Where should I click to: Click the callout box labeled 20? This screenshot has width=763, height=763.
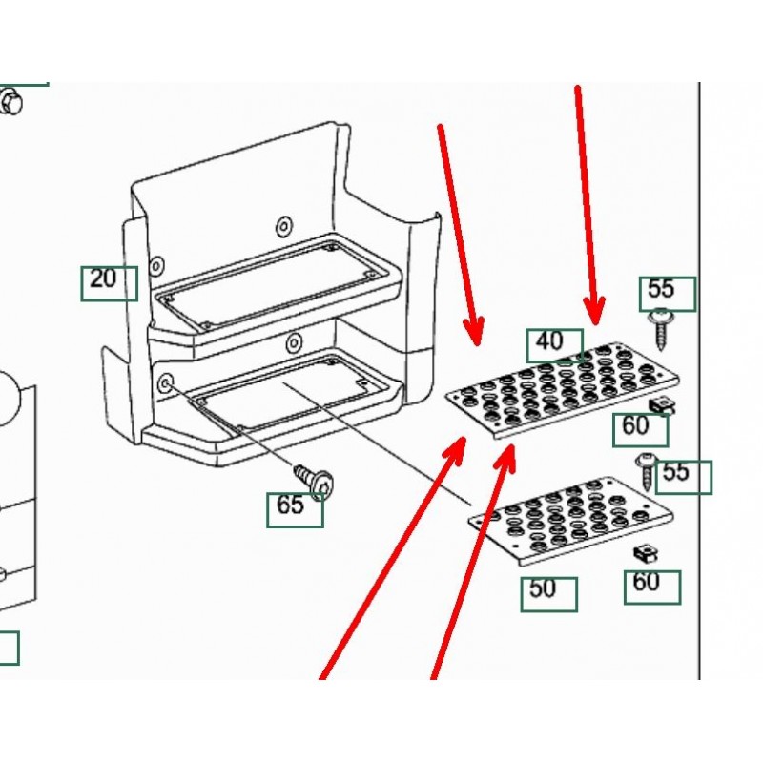[x=109, y=282]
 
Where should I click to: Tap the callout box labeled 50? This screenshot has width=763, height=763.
[x=548, y=593]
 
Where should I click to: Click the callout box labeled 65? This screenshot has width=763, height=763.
[x=294, y=508]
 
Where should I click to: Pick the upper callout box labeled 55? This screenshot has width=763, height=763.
[x=667, y=293]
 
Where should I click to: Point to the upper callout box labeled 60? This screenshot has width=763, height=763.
[x=640, y=429]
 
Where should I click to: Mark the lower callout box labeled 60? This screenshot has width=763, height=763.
[x=652, y=586]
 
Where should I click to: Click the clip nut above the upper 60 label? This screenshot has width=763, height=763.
[x=662, y=406]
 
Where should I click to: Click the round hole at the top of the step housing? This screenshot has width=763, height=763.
[x=282, y=226]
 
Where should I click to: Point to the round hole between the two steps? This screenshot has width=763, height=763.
[x=294, y=341]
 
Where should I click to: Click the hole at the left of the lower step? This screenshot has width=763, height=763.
[x=167, y=383]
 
